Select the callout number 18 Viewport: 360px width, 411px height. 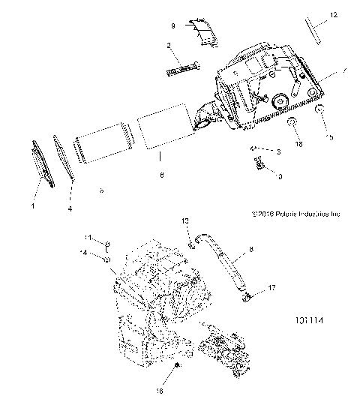[x=298, y=142]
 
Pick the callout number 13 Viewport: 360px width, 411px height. [x=187, y=222]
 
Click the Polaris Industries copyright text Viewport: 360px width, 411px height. [x=297, y=214]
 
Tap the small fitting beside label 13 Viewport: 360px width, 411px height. [x=193, y=242]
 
